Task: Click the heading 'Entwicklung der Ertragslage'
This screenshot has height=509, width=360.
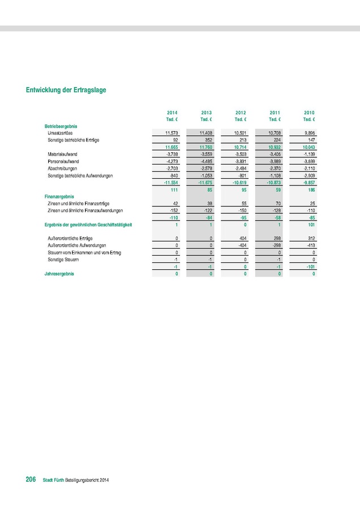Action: (66, 89)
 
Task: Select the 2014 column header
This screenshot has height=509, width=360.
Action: (172, 113)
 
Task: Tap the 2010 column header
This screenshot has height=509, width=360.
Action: (309, 113)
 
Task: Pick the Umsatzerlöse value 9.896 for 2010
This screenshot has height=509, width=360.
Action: (308, 132)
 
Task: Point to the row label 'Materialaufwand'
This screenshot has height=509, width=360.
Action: (63, 153)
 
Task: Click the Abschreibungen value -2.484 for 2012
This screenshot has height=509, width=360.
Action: (239, 169)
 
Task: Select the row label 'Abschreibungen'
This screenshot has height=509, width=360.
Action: (63, 169)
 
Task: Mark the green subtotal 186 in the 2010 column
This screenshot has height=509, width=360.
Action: (310, 190)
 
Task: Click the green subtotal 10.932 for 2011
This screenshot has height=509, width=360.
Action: (273, 146)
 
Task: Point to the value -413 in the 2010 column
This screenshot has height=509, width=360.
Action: (309, 245)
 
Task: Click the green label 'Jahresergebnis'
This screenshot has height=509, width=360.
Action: (59, 274)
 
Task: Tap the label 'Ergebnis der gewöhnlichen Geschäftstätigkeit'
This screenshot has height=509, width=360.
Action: (88, 225)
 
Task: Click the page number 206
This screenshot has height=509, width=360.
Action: (31, 480)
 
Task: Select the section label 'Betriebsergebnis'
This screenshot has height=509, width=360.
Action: (61, 126)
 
